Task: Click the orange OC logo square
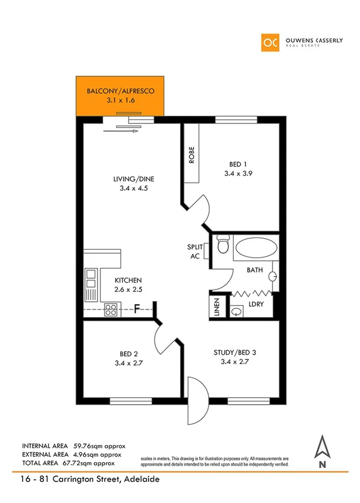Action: click(x=271, y=43)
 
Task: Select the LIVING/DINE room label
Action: click(x=134, y=179)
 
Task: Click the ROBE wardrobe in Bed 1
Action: click(x=192, y=155)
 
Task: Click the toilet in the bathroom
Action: click(x=222, y=244)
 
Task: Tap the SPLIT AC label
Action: click(x=194, y=252)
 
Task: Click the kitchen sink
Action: click(x=91, y=284)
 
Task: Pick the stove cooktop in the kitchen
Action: click(x=111, y=309)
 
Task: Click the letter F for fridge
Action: click(x=137, y=308)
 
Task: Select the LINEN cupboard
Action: click(x=216, y=308)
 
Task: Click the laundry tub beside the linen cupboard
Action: click(x=236, y=311)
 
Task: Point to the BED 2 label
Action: click(x=129, y=354)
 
